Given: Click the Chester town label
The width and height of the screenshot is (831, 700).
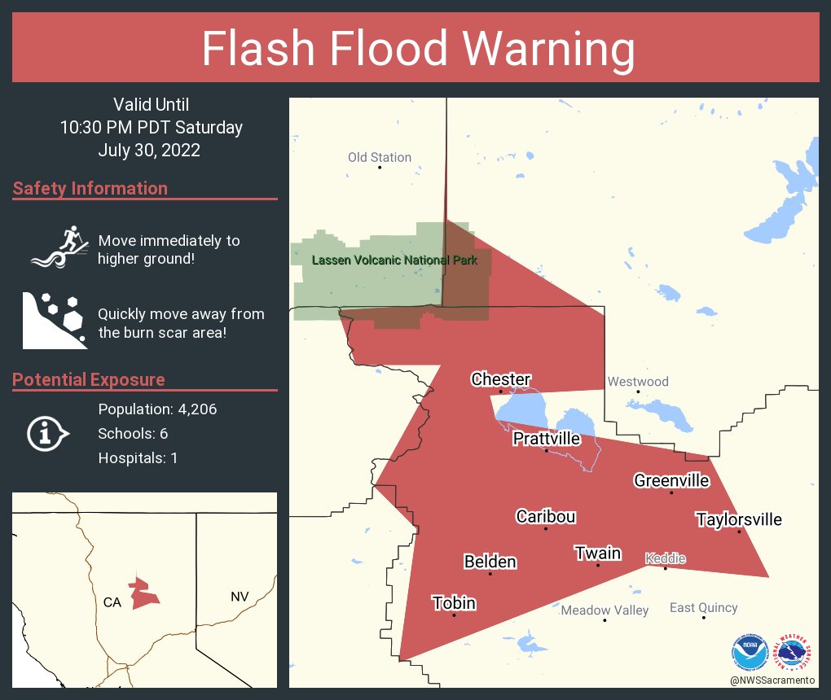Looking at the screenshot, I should (500, 379).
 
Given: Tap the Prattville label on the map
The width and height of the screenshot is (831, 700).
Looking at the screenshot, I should (546, 439).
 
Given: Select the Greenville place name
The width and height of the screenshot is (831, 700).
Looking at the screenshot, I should (671, 480).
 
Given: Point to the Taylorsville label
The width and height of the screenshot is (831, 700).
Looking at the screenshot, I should (738, 519).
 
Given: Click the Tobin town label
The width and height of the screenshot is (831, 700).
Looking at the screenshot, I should (454, 603).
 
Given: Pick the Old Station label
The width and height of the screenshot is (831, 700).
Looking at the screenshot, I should (380, 157).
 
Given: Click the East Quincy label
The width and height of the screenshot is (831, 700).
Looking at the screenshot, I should (703, 607).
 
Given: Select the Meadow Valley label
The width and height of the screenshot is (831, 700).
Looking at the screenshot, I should (605, 610).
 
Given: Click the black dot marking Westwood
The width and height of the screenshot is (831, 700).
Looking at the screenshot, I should (638, 392).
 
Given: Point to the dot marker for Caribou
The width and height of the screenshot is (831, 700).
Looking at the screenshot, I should (545, 529).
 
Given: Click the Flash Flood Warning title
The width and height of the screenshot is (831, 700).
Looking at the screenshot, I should (417, 50).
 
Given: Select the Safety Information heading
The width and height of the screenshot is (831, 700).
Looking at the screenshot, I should (90, 188).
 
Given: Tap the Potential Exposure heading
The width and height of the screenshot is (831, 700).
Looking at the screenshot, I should (89, 379).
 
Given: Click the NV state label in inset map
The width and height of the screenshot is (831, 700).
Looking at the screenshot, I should (239, 597).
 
